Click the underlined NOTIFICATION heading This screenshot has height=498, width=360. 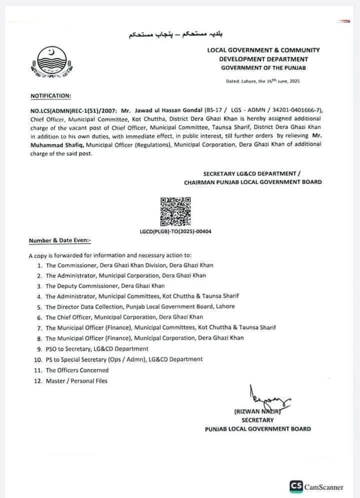click(50, 95)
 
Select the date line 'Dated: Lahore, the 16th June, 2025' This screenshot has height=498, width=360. click(262, 81)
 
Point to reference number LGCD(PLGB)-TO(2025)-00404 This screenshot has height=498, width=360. click(175, 231)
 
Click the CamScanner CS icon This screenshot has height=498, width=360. click(296, 485)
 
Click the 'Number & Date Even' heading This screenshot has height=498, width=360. click(59, 241)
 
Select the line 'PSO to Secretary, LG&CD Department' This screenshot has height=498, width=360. click(97, 348)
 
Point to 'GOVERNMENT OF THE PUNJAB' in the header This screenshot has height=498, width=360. click(263, 68)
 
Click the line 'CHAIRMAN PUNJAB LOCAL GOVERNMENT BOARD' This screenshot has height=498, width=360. click(252, 182)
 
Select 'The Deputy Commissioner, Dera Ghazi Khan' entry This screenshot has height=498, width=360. click(105, 286)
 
